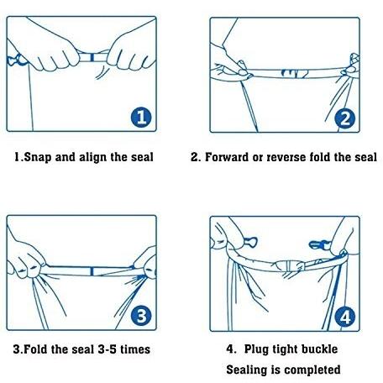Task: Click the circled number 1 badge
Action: pyautogui.click(x=141, y=118)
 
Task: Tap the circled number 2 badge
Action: pyautogui.click(x=345, y=118)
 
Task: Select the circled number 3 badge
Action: pyautogui.click(x=141, y=316)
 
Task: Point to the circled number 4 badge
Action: pyautogui.click(x=345, y=317)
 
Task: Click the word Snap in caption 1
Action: pyautogui.click(x=38, y=157)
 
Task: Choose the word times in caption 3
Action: pyautogui.click(x=135, y=349)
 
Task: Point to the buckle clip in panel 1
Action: pyautogui.click(x=16, y=60)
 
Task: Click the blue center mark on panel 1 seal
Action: pyautogui.click(x=92, y=57)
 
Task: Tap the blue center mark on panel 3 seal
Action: pyautogui.click(x=92, y=271)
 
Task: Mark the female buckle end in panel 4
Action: pyautogui.click(x=250, y=242)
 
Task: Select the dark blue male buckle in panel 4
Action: pyautogui.click(x=319, y=245)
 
